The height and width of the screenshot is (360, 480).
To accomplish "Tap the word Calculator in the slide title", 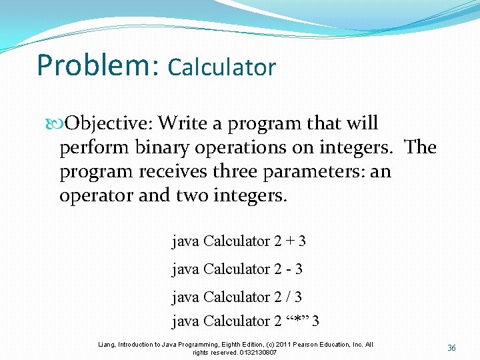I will tap(222, 67).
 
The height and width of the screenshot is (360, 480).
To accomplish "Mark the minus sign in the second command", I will tap(290, 269).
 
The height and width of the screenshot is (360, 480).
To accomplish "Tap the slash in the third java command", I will tap(290, 297).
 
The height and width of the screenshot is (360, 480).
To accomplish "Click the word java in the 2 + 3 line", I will tap(185, 241).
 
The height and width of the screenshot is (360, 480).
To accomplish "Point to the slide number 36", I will tap(451, 348).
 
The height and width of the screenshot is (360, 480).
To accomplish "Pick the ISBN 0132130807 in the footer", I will tap(253, 352).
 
